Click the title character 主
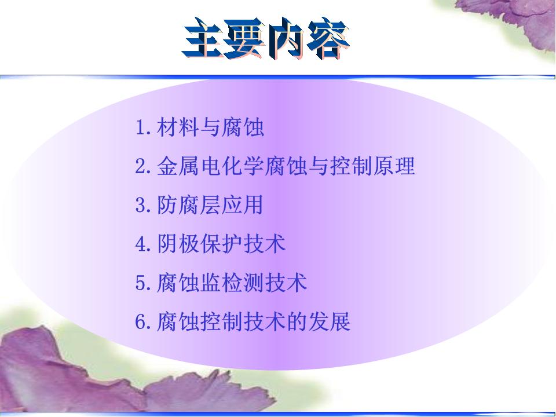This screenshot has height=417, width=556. pyautogui.click(x=203, y=38)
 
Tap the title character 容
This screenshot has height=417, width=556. pyautogui.click(x=328, y=38)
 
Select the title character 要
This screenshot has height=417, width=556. pyautogui.click(x=244, y=38)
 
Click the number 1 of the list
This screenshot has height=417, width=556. pyautogui.click(x=141, y=127)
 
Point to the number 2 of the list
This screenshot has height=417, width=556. pyautogui.click(x=141, y=166)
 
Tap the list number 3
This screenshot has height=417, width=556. pyautogui.click(x=141, y=205)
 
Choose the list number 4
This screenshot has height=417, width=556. pyautogui.click(x=141, y=244)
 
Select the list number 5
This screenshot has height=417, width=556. pyautogui.click(x=141, y=283)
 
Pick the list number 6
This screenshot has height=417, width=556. pyautogui.click(x=141, y=322)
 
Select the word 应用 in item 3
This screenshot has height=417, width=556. pyautogui.click(x=243, y=205)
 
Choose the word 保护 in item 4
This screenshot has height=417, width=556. pyautogui.click(x=221, y=244)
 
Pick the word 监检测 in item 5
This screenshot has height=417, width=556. pyautogui.click(x=232, y=283)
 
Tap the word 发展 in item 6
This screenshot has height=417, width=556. pyautogui.click(x=330, y=322)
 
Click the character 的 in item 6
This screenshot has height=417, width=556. pyautogui.click(x=297, y=322)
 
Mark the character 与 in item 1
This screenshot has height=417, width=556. pyautogui.click(x=210, y=127)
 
